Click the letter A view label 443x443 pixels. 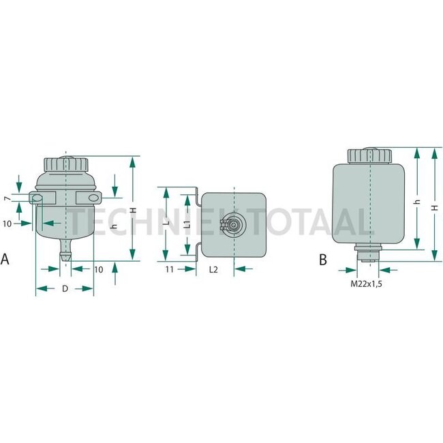pyautogui.click(x=5, y=259)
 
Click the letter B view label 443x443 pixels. pyautogui.click(x=322, y=259)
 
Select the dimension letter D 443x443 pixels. pyautogui.click(x=65, y=289)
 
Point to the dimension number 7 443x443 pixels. pyautogui.click(x=6, y=198)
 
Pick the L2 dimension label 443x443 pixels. pyautogui.click(x=213, y=270)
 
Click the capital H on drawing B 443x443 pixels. pyautogui.click(x=434, y=204)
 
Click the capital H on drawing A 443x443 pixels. pyautogui.click(x=133, y=211)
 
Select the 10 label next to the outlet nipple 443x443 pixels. pyautogui.click(x=99, y=269)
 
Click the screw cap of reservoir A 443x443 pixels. pyautogui.click(x=66, y=164)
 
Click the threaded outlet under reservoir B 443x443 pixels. pyautogui.click(x=367, y=253)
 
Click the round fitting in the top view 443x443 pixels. pyautogui.click(x=234, y=226)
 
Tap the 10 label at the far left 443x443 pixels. pyautogui.click(x=7, y=224)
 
